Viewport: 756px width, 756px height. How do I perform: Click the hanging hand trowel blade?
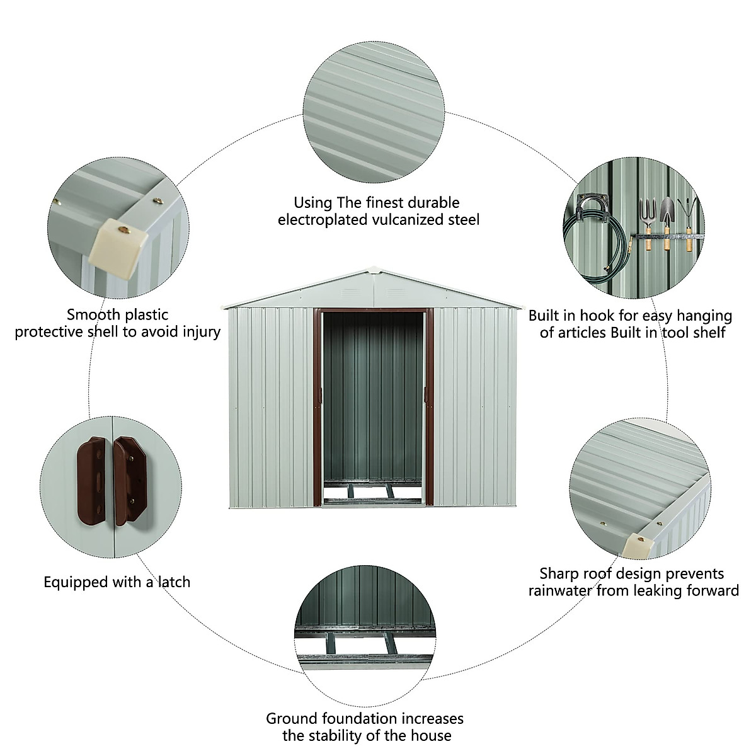[666, 209]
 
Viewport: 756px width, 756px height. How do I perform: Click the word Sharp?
[558, 573]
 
